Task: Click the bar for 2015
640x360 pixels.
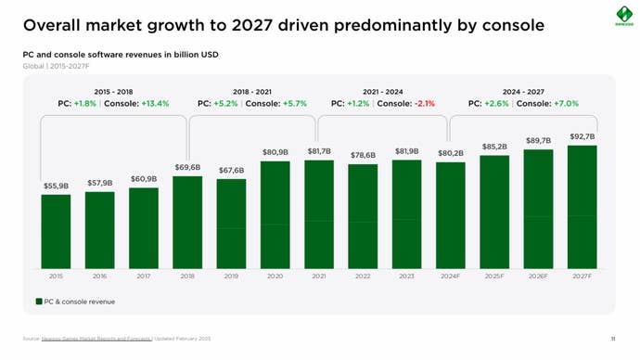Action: [56, 232]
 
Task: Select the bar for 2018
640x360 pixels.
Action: [187, 223]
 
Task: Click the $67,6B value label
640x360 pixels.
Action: [231, 171]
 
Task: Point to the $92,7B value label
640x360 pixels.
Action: [582, 136]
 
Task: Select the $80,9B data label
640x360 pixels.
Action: [275, 152]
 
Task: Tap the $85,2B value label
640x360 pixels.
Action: [494, 147]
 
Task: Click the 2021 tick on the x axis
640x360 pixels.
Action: [319, 276]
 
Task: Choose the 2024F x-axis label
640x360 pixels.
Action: [450, 276]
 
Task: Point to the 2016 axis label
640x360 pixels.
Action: [99, 276]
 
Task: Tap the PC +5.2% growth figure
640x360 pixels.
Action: [219, 104]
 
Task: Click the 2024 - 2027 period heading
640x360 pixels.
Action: [523, 92]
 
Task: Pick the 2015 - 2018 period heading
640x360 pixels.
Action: [113, 92]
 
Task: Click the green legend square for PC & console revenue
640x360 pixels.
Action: [39, 302]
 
